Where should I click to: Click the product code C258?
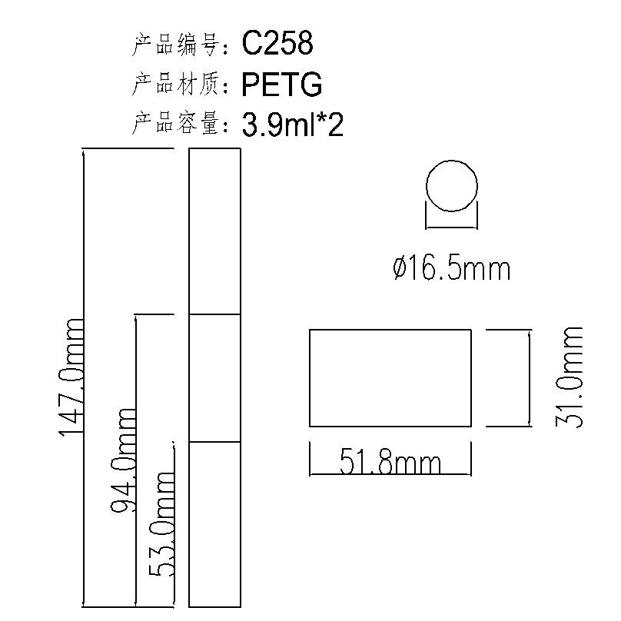tap(277, 43)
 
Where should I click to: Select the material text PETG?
tap(281, 85)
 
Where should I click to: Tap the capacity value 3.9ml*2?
tap(292, 125)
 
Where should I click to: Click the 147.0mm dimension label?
tap(71, 377)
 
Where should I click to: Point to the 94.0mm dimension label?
tap(123, 460)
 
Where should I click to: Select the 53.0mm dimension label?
tap(161, 524)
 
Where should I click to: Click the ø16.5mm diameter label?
tap(452, 269)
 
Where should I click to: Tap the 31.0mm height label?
tap(569, 377)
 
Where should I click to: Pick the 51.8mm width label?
tap(390, 462)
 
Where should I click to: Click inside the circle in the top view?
tap(452, 186)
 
